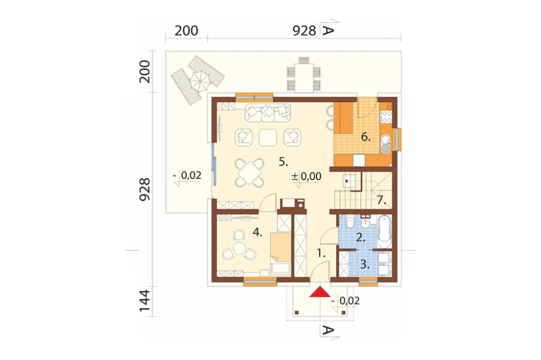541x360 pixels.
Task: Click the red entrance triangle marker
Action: coord(320,292)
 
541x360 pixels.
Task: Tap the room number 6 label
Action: coord(366,137)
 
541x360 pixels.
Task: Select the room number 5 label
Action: coord(283,162)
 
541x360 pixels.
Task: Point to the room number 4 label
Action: coord(258,232)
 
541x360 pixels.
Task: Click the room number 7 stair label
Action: coord(381,200)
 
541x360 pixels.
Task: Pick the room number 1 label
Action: coord(321,254)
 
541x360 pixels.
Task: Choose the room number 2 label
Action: coord(360,237)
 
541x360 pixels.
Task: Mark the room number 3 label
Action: coord(365,264)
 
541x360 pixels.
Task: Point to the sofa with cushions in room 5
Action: coord(268,113)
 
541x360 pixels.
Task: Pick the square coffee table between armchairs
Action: coord(268,137)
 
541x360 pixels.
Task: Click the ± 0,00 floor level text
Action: coord(306,176)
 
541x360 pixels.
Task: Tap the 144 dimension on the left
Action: coord(145,301)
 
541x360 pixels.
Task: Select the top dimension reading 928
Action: coord(304,31)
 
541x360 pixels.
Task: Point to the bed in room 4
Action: coord(280,254)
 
